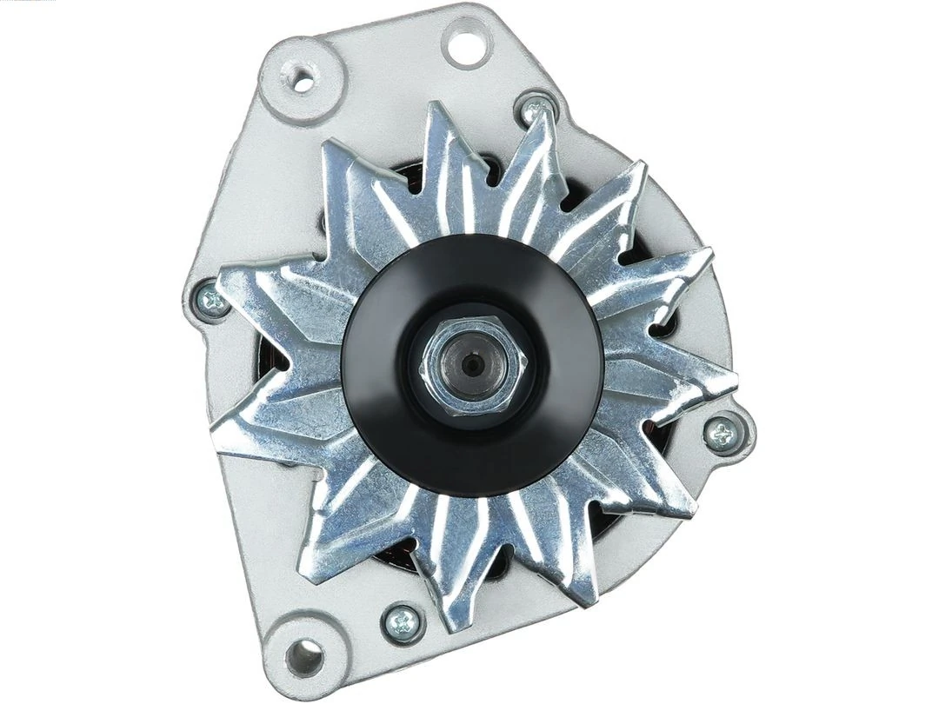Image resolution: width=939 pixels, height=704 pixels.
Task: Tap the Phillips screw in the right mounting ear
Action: [721, 432]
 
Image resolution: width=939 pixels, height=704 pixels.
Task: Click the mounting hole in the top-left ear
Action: [303, 82]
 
